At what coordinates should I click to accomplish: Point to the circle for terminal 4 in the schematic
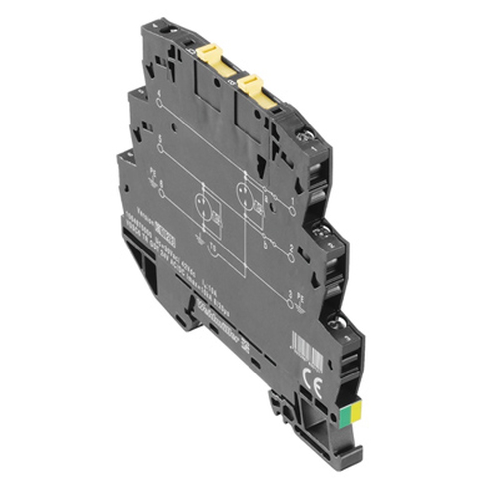[x=159, y=103]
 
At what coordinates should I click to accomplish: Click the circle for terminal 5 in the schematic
[x=160, y=148]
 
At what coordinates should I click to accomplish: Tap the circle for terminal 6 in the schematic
[x=161, y=192]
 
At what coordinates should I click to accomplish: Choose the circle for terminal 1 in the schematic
[x=293, y=211]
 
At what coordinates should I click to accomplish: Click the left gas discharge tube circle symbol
[x=204, y=205]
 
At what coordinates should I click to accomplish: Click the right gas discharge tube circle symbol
[x=245, y=194]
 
